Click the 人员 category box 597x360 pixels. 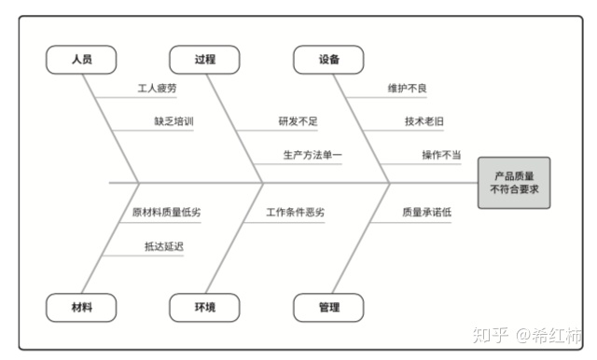(x=81, y=60)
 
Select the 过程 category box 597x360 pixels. (x=204, y=60)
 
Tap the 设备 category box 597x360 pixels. (x=328, y=60)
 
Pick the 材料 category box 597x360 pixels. (x=81, y=307)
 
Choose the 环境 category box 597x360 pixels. (x=204, y=307)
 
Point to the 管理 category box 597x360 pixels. (x=328, y=307)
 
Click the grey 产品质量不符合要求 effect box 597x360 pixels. (x=514, y=182)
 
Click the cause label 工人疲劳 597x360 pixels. (x=157, y=89)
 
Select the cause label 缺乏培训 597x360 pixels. (x=174, y=121)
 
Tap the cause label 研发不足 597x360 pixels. (x=298, y=121)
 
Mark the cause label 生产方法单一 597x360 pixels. (x=312, y=155)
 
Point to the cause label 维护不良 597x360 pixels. (x=408, y=89)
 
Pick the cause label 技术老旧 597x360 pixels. (x=424, y=121)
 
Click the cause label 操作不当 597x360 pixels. (x=440, y=155)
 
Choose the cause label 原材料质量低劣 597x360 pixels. (x=166, y=212)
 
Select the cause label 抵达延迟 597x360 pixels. (x=163, y=246)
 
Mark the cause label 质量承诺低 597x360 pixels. (x=426, y=212)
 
